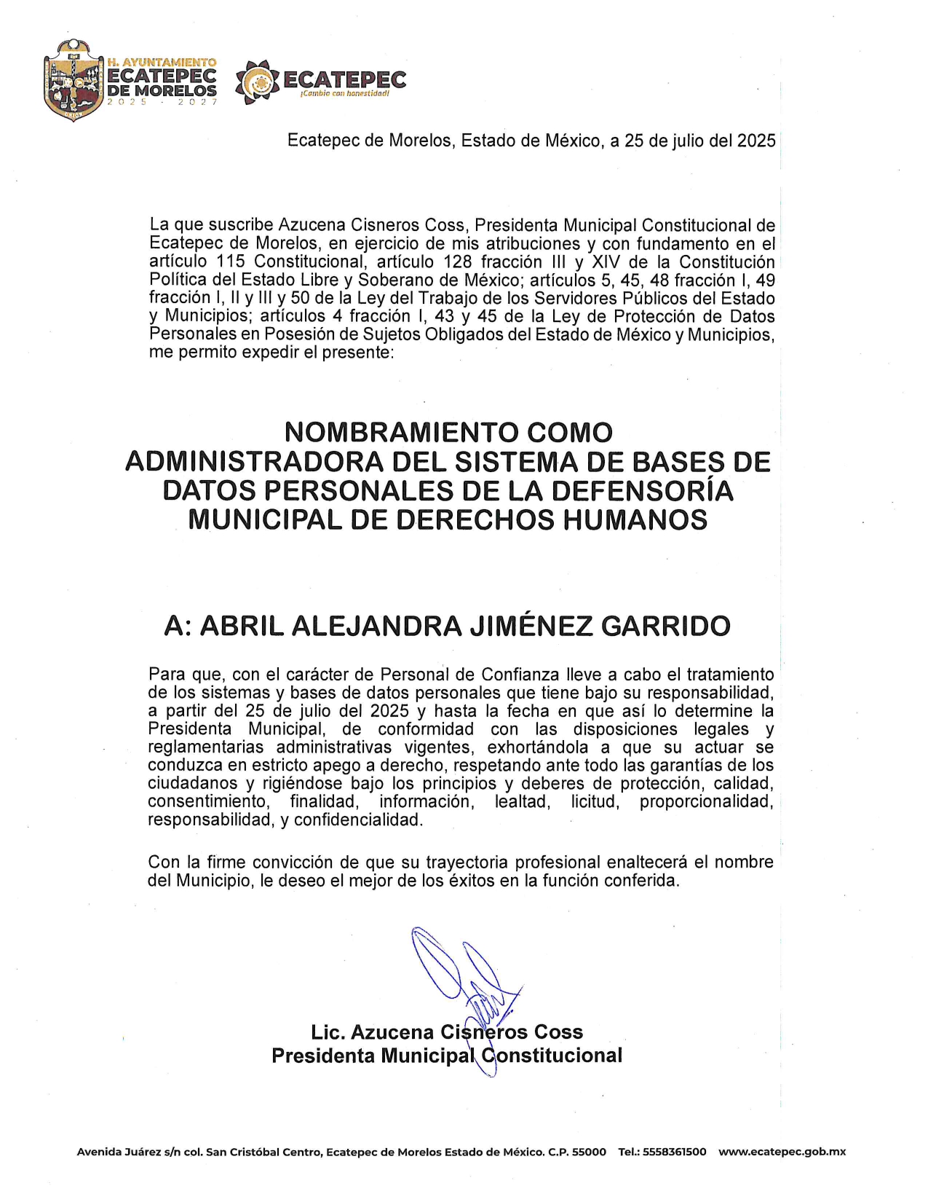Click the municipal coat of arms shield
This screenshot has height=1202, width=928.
coord(73,80)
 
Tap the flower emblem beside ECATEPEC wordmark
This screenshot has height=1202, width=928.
coord(257,81)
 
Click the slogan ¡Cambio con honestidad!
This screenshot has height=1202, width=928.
coord(344,94)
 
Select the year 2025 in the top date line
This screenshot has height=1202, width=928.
coord(756,141)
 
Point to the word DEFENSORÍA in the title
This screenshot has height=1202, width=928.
coord(642,491)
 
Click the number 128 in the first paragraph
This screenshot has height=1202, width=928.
coord(458,262)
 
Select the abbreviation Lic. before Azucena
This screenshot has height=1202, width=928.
coord(328,1032)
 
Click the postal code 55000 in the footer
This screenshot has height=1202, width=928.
coord(589,1152)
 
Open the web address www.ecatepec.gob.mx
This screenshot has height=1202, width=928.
coord(782,1152)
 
